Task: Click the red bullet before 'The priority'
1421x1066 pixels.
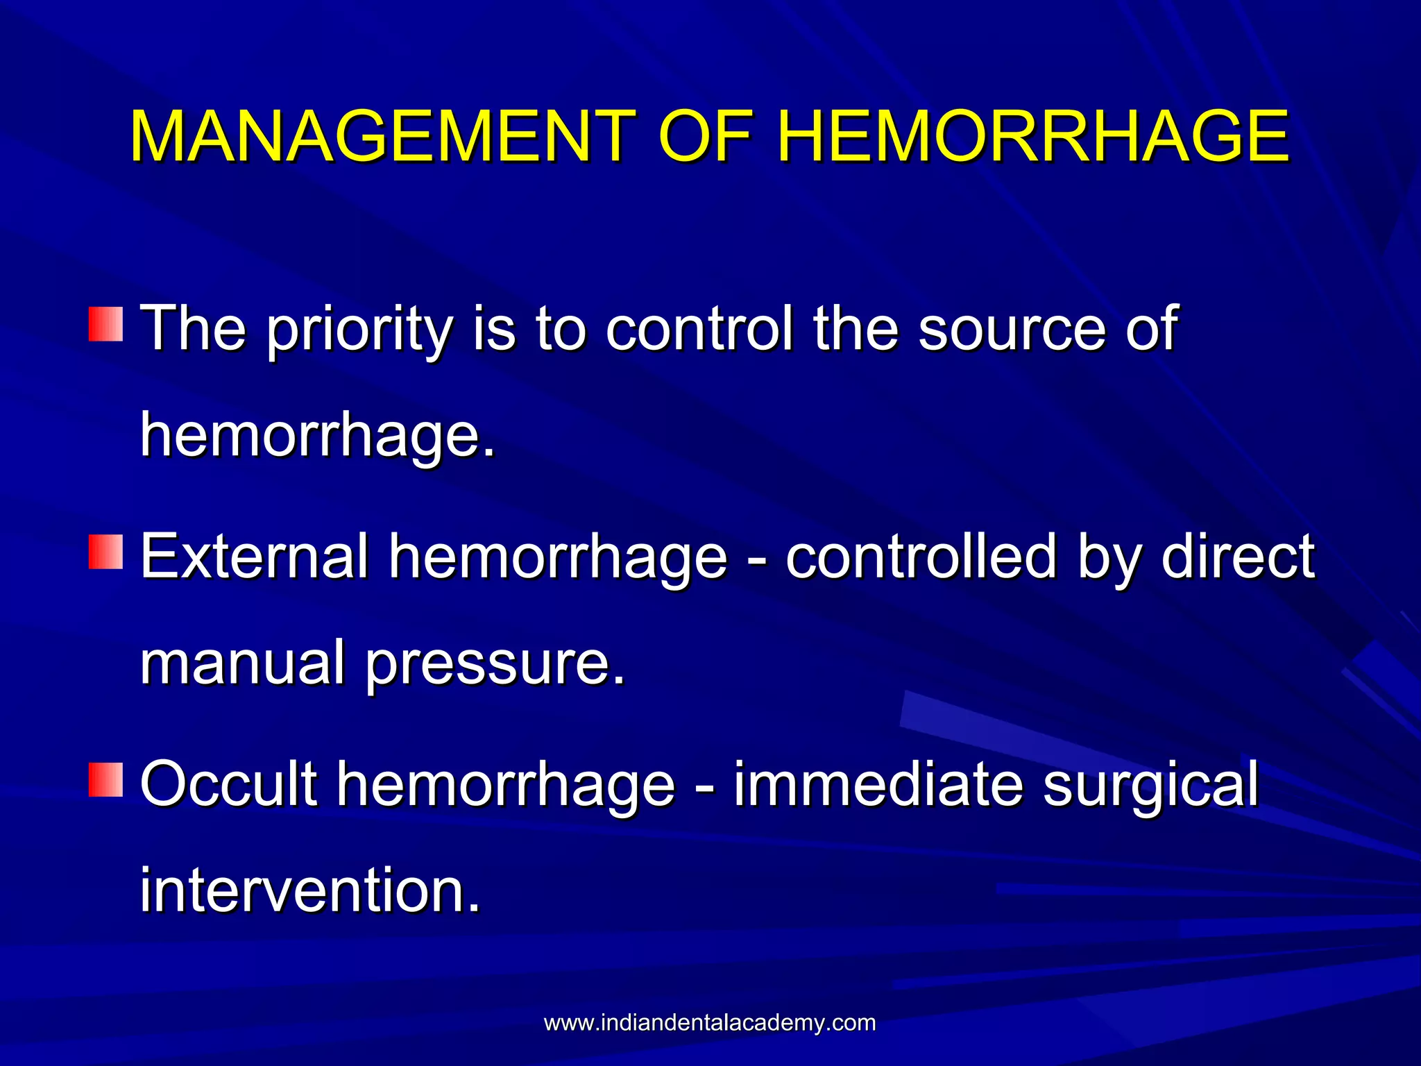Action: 105,324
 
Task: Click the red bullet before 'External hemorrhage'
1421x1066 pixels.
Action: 105,552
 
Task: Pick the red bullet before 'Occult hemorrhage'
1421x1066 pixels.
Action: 105,779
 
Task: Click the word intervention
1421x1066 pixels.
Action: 309,890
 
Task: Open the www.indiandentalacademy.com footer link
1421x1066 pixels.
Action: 710,1023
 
